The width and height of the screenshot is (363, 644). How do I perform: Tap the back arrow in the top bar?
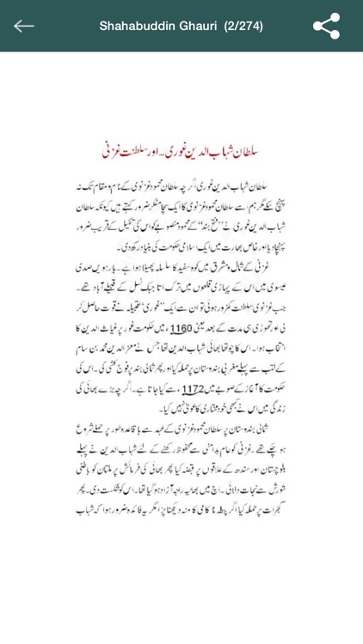tap(24, 26)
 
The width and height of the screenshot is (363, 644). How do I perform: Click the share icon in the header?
tap(326, 26)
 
